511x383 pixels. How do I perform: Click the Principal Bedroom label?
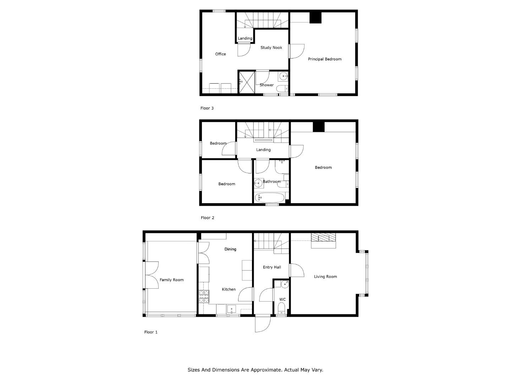325,59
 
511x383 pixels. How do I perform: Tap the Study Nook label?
271,48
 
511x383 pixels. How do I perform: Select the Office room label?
220,54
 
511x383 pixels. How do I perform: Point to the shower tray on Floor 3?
247,82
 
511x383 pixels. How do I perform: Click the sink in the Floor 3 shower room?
283,76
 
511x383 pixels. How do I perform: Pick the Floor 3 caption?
207,108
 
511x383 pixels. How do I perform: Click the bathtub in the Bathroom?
270,198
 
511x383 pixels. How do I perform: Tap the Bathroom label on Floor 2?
272,181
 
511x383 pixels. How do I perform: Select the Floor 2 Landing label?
263,150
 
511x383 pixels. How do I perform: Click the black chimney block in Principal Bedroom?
315,18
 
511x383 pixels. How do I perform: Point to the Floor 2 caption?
208,218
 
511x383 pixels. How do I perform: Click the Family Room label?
171,280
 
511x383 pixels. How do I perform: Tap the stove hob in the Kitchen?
204,296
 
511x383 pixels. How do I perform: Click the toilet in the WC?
281,309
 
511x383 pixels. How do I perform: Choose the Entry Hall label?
272,267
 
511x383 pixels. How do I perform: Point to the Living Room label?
325,277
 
